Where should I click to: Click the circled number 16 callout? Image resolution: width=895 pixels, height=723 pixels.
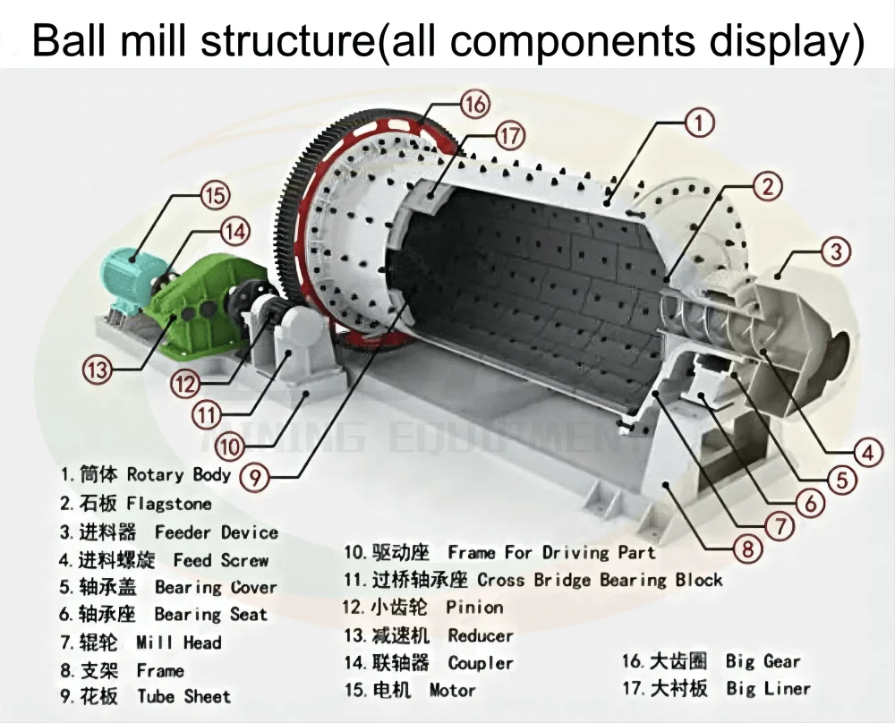(475, 105)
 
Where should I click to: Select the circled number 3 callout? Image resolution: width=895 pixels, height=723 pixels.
(835, 251)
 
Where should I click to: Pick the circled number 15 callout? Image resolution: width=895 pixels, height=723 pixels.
(215, 194)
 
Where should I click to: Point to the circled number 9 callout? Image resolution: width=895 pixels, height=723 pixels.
(256, 477)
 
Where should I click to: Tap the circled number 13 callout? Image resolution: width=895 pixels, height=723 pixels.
(97, 366)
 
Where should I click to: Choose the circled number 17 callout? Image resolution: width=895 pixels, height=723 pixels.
(509, 137)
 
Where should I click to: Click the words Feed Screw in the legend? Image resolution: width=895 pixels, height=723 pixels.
(220, 561)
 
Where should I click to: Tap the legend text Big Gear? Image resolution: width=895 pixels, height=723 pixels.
(763, 661)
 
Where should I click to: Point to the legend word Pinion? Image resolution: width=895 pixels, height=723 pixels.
(474, 608)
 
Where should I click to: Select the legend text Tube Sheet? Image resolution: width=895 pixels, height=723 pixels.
(183, 696)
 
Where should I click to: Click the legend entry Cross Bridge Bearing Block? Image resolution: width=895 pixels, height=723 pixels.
(600, 580)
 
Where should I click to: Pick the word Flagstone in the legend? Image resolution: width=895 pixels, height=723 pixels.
(169, 504)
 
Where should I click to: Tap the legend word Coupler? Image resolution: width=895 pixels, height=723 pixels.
(481, 663)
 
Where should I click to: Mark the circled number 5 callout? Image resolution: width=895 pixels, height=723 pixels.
(838, 481)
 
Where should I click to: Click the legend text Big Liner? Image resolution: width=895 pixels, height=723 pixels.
(768, 688)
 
